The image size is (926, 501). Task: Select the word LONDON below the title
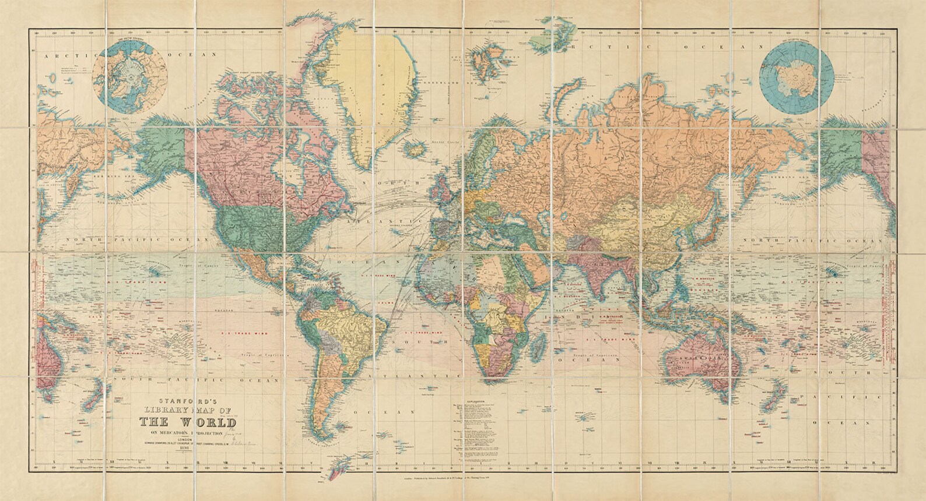[188, 441]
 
